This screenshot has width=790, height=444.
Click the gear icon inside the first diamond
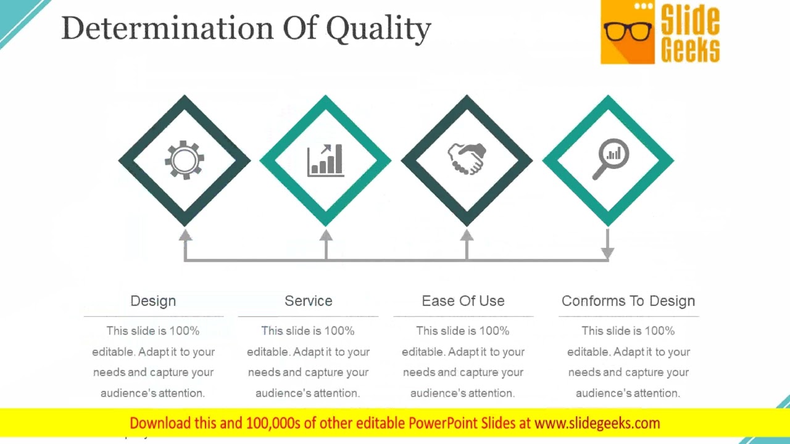(x=184, y=160)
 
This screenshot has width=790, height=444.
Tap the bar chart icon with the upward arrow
(x=325, y=160)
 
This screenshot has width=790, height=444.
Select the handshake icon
(x=467, y=159)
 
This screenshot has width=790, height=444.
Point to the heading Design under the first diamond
(x=153, y=301)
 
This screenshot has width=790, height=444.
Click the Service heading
(x=308, y=301)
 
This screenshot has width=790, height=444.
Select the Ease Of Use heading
(x=463, y=301)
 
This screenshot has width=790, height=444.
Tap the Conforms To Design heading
(x=628, y=301)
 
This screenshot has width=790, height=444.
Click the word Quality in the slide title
(x=378, y=29)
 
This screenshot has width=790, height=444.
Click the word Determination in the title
(x=167, y=28)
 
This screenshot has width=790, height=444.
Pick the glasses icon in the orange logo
(x=628, y=31)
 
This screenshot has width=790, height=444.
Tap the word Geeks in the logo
(x=690, y=49)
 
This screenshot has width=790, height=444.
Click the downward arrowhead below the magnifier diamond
(x=608, y=253)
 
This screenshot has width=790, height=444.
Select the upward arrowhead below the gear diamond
(x=185, y=235)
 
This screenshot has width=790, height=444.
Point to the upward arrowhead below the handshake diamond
(x=467, y=235)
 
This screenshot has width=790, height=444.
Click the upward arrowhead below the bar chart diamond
(x=326, y=235)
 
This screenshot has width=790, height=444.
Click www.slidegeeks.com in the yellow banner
(x=597, y=423)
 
